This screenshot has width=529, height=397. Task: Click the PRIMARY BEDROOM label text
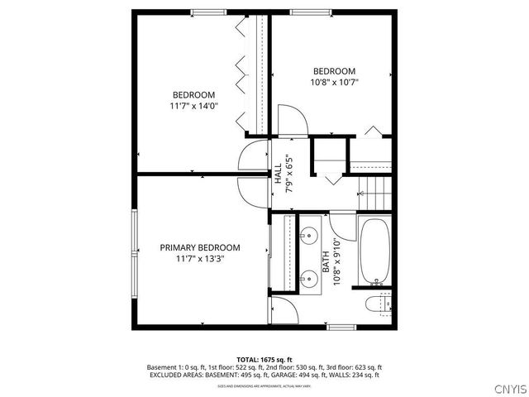coord(200,247)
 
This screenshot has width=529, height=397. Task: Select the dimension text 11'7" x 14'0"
coord(193,106)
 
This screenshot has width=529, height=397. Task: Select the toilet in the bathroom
coord(378,304)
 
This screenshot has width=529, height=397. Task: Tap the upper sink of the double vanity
coord(311,232)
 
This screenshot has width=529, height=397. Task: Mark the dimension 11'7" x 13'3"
coord(200,259)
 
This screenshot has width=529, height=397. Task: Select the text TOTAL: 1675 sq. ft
coord(264,359)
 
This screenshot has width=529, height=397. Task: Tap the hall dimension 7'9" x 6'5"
coord(288,175)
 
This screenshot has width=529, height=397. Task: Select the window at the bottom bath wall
coord(342,328)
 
